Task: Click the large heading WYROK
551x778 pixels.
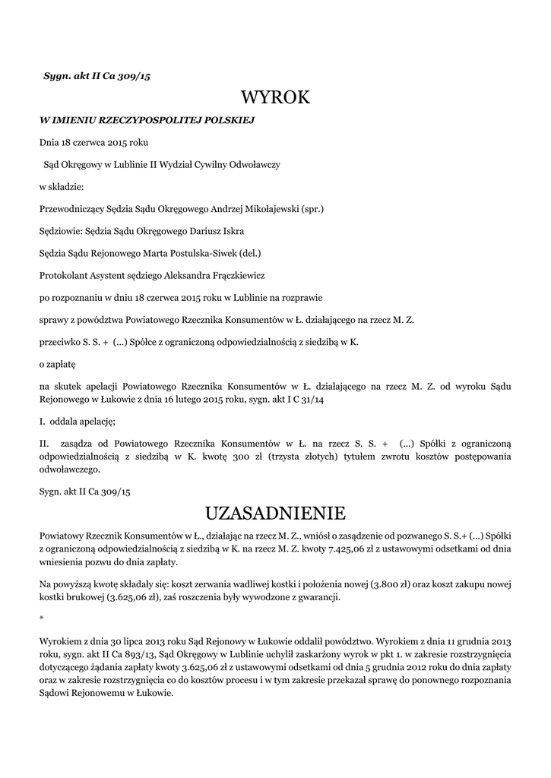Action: [275, 97]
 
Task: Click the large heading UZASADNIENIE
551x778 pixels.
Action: [275, 511]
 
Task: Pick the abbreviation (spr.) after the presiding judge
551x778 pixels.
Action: [312, 208]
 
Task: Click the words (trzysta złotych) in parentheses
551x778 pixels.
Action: [299, 457]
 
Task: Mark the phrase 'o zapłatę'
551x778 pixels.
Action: [54, 364]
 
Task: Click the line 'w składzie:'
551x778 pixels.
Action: [60, 186]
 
